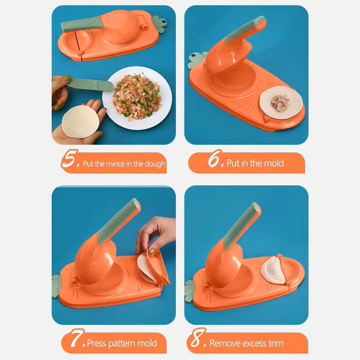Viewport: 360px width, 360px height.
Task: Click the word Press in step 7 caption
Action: (x=97, y=343)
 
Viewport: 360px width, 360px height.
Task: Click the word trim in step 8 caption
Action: (x=276, y=343)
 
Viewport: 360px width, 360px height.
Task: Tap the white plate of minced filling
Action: (x=137, y=98)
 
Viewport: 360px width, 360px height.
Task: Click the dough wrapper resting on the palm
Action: (x=81, y=121)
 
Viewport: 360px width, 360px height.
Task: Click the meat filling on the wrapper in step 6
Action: (x=280, y=103)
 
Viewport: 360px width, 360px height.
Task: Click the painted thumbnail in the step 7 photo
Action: (x=152, y=252)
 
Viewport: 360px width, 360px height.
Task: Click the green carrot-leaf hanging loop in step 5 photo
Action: (x=160, y=24)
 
